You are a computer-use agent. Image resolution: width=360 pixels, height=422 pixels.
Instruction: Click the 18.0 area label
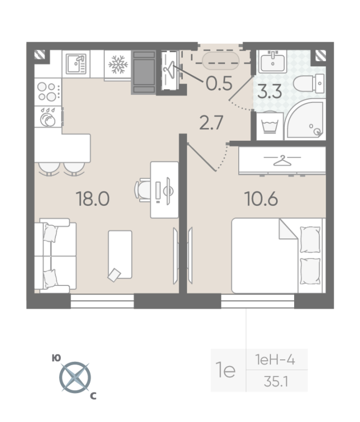click(x=93, y=199)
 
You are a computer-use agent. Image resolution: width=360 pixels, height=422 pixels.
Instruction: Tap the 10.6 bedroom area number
click(x=261, y=199)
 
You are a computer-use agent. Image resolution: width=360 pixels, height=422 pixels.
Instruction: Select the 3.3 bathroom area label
click(x=269, y=91)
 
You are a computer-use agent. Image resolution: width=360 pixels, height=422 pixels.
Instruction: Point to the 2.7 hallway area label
click(x=211, y=123)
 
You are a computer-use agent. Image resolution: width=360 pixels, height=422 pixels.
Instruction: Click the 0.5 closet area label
click(x=219, y=83)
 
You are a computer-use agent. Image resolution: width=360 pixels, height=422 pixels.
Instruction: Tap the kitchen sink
click(x=76, y=64)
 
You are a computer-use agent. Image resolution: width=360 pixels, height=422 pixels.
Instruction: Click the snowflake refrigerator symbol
click(x=118, y=64)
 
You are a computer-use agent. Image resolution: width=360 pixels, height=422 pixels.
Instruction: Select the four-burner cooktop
click(x=48, y=91)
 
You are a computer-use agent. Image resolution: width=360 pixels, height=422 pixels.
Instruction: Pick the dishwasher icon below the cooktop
click(x=48, y=117)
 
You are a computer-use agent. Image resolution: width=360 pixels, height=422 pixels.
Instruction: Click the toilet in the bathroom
click(x=309, y=83)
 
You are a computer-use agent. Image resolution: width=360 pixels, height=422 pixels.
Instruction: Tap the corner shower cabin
click(x=306, y=119)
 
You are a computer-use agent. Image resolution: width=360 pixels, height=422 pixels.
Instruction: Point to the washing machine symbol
click(x=270, y=126)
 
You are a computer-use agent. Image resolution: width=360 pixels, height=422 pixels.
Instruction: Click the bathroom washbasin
click(x=273, y=61)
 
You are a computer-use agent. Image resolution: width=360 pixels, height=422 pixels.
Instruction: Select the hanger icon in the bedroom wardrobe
click(x=282, y=160)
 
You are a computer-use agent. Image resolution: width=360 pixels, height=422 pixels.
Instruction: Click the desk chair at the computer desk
click(x=142, y=190)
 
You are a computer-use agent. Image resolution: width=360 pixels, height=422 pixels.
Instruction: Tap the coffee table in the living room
click(x=120, y=255)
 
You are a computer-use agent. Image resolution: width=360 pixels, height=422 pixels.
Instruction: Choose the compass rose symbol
click(x=75, y=377)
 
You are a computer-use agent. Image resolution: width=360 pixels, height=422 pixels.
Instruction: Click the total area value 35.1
click(x=276, y=381)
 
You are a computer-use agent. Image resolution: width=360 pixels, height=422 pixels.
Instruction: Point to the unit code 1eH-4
click(x=275, y=360)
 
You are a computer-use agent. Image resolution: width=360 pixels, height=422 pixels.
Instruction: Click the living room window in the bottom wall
click(x=102, y=301)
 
